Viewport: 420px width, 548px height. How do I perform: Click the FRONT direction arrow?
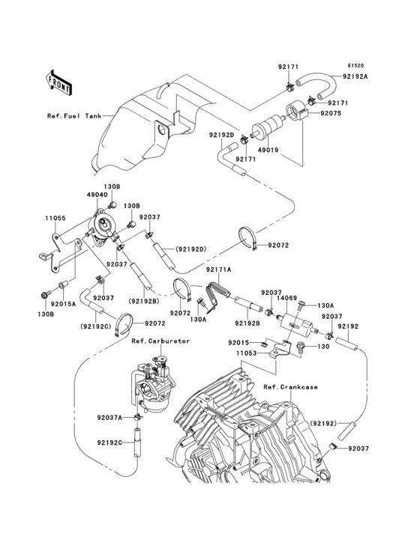point(59,82)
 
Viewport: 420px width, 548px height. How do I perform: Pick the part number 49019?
point(268,150)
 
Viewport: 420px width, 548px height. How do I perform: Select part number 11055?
point(55,219)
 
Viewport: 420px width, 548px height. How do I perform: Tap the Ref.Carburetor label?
point(160,341)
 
